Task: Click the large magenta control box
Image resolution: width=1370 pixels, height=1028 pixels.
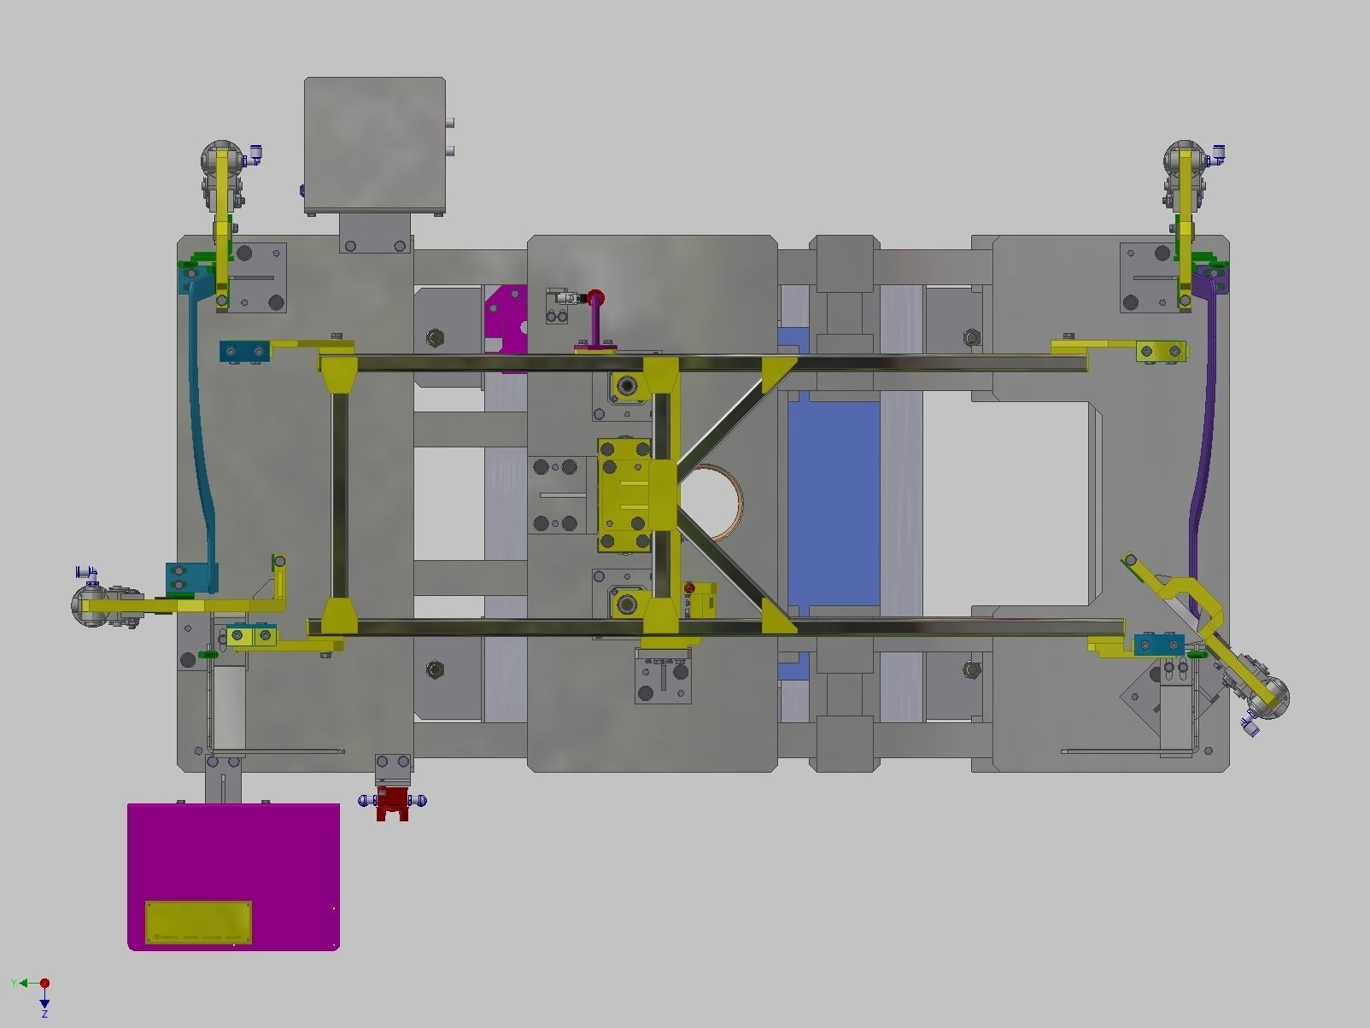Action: point(232,854)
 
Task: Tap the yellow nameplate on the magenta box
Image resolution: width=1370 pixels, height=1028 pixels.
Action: point(198,922)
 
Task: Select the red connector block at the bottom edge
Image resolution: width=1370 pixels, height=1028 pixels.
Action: point(392,803)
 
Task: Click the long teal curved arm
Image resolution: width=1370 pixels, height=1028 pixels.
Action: point(202,427)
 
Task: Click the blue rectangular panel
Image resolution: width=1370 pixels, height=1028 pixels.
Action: point(833,504)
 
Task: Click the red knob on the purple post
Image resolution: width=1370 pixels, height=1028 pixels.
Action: point(595,298)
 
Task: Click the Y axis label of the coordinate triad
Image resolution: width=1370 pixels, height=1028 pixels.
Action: point(14,984)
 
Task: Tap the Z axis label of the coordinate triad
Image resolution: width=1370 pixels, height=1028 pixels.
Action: point(44,1013)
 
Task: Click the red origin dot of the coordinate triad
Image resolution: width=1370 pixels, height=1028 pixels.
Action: point(44,984)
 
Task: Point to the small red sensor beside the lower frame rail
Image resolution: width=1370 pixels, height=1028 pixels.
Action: point(690,588)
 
